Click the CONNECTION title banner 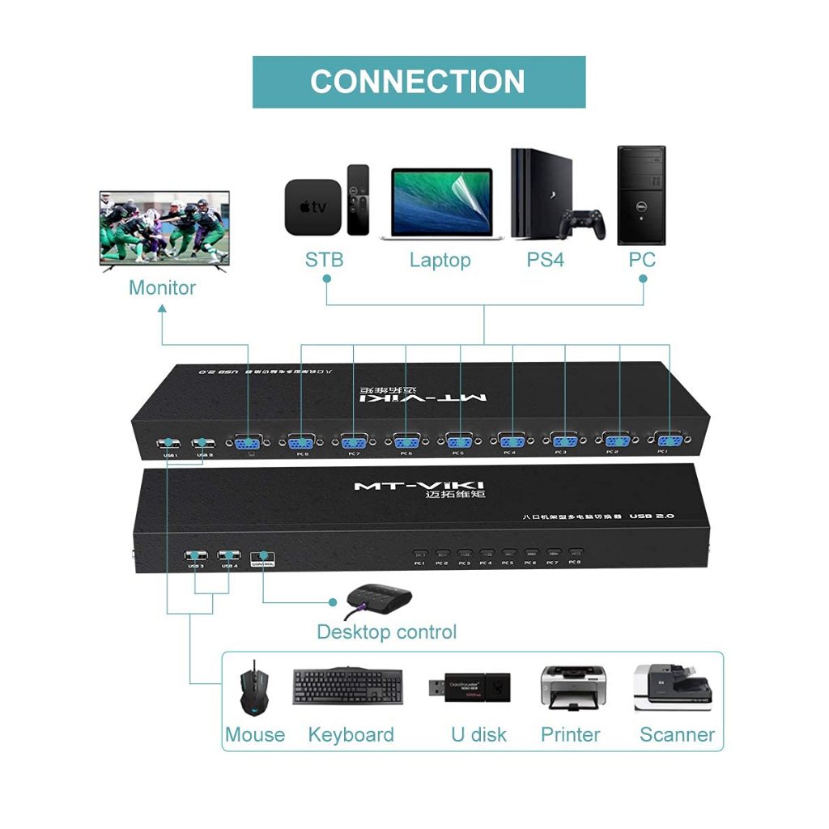click(419, 82)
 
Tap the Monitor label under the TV click(162, 287)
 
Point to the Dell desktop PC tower click(641, 195)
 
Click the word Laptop click(440, 260)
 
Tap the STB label click(324, 260)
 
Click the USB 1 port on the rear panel click(169, 444)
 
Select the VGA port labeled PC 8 click(301, 442)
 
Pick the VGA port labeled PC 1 click(668, 441)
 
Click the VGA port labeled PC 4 click(511, 442)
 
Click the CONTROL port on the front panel click(263, 556)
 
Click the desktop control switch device click(379, 599)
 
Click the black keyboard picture click(348, 687)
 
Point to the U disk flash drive click(469, 687)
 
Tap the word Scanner click(677, 735)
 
